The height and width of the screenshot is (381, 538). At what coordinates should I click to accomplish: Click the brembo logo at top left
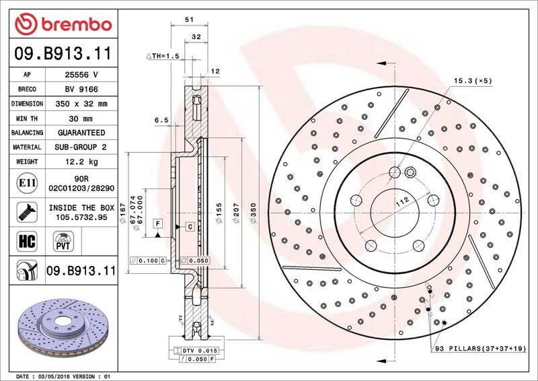click(x=63, y=24)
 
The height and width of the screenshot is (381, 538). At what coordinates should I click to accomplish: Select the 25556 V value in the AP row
click(x=81, y=75)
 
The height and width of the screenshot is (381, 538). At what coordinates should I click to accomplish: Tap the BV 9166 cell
click(x=81, y=90)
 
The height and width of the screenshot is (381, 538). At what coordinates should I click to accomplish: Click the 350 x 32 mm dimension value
click(x=81, y=104)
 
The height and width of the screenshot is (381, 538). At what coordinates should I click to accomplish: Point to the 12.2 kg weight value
click(x=81, y=162)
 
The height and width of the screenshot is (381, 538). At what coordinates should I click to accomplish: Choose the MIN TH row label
click(x=27, y=118)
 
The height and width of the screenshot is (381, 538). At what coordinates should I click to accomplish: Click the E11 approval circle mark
click(x=27, y=183)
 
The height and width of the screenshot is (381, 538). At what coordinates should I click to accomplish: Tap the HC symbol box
click(x=27, y=241)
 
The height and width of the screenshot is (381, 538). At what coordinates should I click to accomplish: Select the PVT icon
click(x=63, y=241)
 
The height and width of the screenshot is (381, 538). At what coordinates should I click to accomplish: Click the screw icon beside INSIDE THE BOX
click(x=27, y=212)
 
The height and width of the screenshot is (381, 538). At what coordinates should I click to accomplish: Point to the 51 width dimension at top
click(x=190, y=20)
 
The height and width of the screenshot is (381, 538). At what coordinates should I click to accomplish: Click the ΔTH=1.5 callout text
click(x=163, y=56)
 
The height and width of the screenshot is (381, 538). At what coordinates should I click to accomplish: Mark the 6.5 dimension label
click(x=161, y=120)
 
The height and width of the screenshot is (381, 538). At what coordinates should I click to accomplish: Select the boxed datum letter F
click(x=158, y=223)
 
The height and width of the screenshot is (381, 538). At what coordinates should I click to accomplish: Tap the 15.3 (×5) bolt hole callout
click(x=473, y=81)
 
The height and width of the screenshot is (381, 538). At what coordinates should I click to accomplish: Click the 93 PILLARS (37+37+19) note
click(x=480, y=349)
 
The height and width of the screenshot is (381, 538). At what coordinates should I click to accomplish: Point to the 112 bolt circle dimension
click(x=402, y=202)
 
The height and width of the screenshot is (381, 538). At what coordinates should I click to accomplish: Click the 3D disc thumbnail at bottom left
click(x=63, y=328)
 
